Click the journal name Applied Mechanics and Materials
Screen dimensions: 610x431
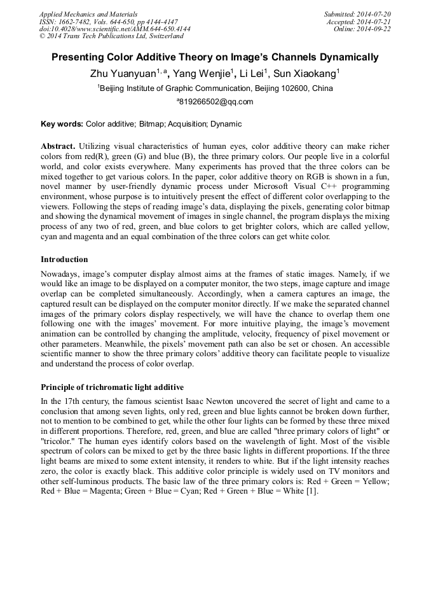[x=88, y=14]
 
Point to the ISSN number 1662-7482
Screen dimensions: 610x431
[x=74, y=22]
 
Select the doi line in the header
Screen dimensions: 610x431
[x=114, y=29]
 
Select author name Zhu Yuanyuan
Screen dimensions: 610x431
[x=123, y=74]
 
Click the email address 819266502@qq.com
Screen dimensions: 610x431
[x=216, y=102]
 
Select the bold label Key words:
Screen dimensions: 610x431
[x=62, y=124]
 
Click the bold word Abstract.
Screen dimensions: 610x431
[x=58, y=146]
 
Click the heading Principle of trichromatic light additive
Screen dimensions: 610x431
[x=112, y=387]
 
